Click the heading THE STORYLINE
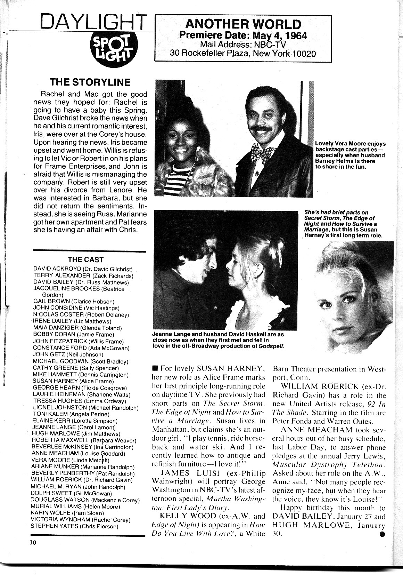tap(90, 82)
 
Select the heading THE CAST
tap(85, 259)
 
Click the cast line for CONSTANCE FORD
tap(81, 348)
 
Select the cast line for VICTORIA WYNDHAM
tap(81, 520)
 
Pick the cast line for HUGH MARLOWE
tap(76, 434)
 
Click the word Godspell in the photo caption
tap(269, 346)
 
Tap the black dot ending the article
tap(382, 535)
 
